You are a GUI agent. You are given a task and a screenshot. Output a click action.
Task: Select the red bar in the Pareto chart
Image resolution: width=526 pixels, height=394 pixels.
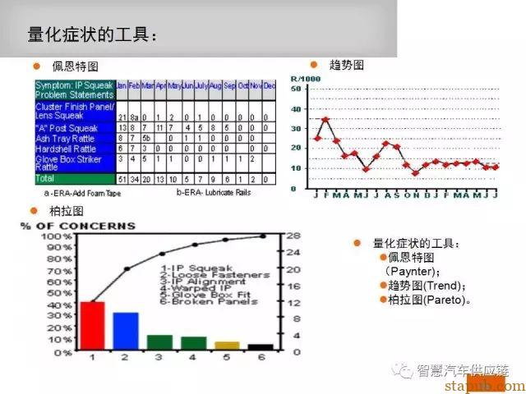coord(92,326)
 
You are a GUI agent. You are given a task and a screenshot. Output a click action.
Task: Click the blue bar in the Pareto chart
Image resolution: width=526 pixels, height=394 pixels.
coord(126,332)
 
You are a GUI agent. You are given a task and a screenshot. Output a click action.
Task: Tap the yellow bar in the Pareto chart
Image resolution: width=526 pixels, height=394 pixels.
coord(227,346)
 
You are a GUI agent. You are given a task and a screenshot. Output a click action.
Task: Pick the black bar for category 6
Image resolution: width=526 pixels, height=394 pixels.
coord(261,347)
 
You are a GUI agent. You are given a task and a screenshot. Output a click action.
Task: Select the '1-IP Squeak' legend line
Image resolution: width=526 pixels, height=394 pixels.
coord(197,268)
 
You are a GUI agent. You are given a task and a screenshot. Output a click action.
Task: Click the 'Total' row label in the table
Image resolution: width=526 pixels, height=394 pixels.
coord(45,178)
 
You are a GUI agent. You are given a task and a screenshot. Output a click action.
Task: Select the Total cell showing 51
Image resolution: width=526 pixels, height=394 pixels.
coord(122,178)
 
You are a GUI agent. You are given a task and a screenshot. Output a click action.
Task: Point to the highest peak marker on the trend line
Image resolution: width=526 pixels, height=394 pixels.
coord(325,120)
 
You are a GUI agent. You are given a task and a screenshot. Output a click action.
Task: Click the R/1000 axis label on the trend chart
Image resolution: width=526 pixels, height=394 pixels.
coord(303,80)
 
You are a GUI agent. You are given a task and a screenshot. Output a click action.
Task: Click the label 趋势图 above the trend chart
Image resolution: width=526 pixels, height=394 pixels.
coord(346,65)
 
